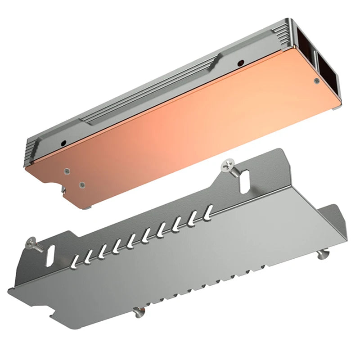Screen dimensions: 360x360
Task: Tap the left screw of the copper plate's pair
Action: coord(67,171)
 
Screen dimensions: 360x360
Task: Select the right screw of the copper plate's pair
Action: coord(82,184)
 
